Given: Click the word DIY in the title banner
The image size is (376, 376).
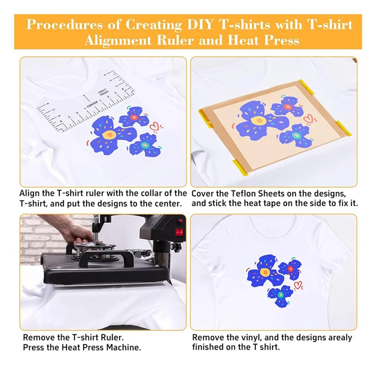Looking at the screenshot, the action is (x=200, y=24).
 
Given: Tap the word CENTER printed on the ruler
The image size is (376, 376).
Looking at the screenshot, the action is (x=92, y=104).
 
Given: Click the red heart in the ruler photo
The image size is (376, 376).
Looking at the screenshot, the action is (x=155, y=126).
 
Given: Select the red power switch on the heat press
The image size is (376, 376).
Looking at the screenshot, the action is (x=179, y=232).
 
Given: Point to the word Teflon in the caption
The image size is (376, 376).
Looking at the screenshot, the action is (x=244, y=193).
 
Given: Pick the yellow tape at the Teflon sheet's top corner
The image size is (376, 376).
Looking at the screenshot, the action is (x=306, y=86).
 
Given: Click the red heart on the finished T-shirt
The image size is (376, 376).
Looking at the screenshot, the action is (x=298, y=285).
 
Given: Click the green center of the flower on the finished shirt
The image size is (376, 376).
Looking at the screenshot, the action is (x=281, y=294).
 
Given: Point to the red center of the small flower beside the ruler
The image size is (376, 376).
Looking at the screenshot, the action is (x=134, y=117).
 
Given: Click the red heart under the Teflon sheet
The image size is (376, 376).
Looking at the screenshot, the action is (x=308, y=118).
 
